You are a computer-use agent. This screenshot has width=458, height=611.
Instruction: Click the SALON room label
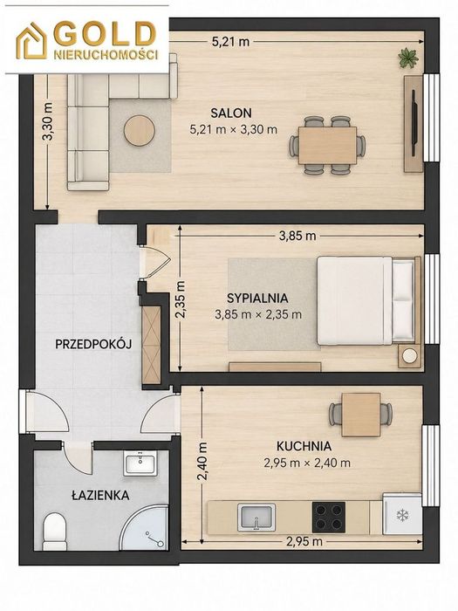pos(231,113)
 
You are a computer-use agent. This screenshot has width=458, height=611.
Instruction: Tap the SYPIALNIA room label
pos(257,299)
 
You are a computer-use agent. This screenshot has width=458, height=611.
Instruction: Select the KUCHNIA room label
pos(304,446)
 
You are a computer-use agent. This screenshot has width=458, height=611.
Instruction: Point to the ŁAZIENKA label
pos(100,495)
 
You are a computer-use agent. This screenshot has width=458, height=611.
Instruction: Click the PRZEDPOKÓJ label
pos(93,344)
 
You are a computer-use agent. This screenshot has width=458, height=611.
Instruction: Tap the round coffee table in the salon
pos(140,130)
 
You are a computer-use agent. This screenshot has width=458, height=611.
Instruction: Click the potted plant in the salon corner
pos(408,58)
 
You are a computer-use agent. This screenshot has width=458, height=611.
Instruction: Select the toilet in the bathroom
pos(54,531)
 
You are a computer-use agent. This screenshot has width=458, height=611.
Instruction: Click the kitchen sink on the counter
pos(256,517)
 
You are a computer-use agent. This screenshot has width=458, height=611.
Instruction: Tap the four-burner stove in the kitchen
pos(328,517)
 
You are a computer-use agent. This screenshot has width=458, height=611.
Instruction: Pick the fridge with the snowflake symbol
pos(402,514)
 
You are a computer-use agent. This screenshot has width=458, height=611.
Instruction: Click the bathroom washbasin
pos(140,463)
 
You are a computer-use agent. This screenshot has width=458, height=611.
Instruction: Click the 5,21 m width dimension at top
pos(230,41)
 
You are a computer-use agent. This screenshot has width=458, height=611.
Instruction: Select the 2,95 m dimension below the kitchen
pos(304,542)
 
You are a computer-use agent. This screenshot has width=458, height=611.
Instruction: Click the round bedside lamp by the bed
pos(410,355)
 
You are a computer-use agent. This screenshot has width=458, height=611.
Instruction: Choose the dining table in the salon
pos(327,146)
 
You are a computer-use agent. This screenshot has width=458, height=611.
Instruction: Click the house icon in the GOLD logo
pos(31,41)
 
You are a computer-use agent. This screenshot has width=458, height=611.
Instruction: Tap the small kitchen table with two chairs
pos(361,415)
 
